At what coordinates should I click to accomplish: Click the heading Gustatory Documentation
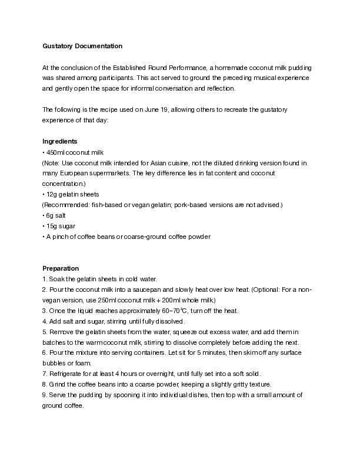coord(82,46)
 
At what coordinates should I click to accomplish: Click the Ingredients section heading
coord(60,141)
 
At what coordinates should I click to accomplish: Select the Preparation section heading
coord(61,268)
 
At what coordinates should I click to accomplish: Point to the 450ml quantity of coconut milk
coord(55,152)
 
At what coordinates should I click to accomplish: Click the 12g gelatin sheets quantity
coord(52,194)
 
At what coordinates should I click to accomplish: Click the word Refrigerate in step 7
coord(65,374)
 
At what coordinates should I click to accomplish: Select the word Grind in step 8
coord(56,385)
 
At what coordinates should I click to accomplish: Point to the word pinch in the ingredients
coord(59,237)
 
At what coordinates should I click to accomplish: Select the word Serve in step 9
coord(56,395)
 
